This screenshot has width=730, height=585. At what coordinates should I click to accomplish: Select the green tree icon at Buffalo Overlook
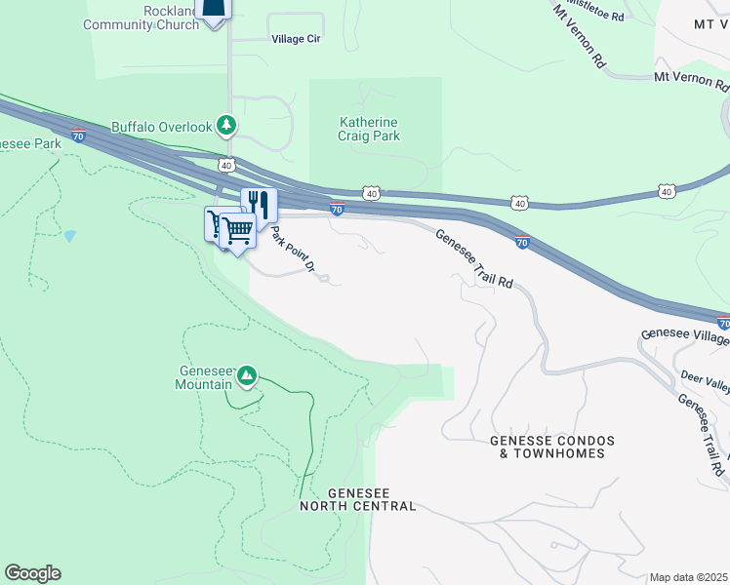click(x=226, y=125)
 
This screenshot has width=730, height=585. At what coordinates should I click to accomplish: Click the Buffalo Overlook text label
click(x=161, y=127)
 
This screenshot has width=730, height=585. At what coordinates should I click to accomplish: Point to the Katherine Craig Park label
click(x=369, y=129)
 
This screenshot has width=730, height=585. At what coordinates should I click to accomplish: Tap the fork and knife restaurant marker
click(x=259, y=203)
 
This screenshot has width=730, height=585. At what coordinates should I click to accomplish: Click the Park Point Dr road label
click(x=294, y=251)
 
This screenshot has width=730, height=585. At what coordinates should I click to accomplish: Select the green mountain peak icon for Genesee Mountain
click(x=247, y=375)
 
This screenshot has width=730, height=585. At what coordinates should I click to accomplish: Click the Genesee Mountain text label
click(x=204, y=377)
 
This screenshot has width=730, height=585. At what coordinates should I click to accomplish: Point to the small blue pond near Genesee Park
click(x=69, y=236)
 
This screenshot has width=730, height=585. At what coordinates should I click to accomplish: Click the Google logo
click(x=32, y=573)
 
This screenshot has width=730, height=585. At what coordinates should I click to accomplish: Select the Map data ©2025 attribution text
click(x=687, y=577)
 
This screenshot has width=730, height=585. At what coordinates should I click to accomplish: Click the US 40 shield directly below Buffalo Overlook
click(x=226, y=165)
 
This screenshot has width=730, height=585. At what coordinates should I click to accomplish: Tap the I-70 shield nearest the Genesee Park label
click(x=78, y=136)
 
